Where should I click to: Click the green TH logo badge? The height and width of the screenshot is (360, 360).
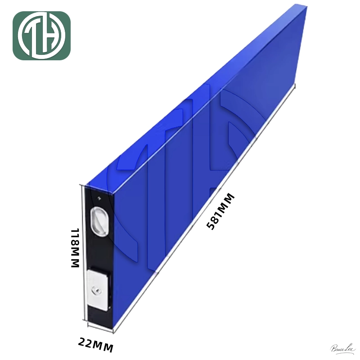[41, 36]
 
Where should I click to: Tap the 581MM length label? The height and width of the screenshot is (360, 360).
[220, 211]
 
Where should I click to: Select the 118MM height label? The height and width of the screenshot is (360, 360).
[75, 248]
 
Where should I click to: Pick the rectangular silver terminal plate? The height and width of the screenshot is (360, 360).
[98, 289]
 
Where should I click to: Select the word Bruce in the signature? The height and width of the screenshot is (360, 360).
[337, 348]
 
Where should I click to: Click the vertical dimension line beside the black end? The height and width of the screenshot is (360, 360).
[81, 252]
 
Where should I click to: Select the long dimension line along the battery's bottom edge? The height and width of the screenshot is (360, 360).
[202, 211]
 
